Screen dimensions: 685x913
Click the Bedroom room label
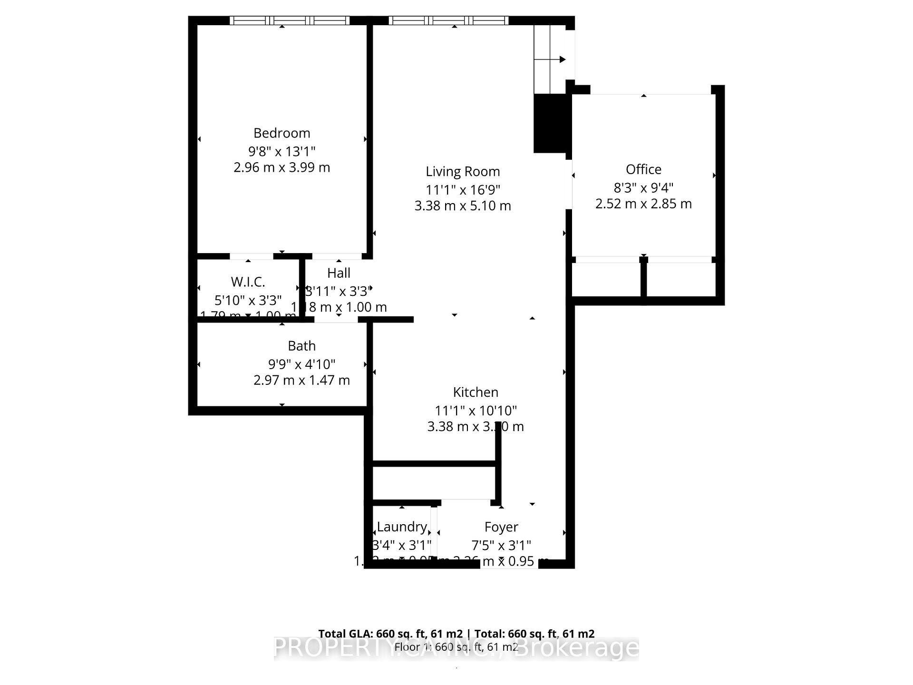282,133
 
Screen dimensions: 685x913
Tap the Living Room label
463,172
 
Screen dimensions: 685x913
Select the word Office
643,170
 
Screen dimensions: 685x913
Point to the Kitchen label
476,392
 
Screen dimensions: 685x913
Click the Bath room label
301,346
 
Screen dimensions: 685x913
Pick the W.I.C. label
248,282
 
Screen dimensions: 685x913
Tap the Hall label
339,274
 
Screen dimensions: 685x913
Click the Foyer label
501,527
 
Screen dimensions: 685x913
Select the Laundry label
402,527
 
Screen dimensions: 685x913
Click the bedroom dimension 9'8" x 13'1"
282,152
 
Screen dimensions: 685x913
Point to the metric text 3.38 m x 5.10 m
463,206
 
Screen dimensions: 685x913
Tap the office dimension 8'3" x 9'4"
643,188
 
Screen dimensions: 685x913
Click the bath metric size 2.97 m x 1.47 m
301,381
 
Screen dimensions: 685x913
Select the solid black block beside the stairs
551,123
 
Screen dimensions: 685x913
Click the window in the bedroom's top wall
290,20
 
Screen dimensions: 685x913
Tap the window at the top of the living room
448,20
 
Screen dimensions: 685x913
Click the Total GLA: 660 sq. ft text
390,634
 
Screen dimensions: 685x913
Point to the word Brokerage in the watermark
577,648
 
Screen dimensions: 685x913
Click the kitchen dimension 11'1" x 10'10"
476,411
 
